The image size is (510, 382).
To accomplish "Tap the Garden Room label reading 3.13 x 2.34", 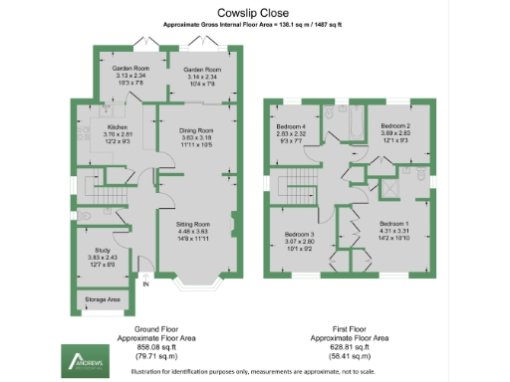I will pyautogui.click(x=129, y=70).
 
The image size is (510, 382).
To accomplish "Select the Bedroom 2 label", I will pyautogui.click(x=395, y=126).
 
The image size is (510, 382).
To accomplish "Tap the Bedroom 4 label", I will pyautogui.click(x=291, y=126).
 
